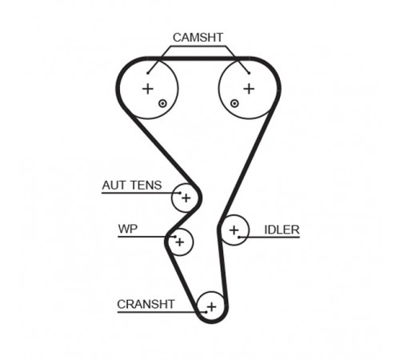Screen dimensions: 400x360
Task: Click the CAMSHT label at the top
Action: tap(198, 38)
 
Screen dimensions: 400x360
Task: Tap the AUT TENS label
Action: tap(132, 185)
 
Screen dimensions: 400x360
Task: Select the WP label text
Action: tap(128, 229)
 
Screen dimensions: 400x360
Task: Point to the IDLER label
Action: tap(282, 230)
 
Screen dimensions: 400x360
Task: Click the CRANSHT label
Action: tap(146, 304)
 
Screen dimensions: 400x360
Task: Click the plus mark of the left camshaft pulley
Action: tap(148, 89)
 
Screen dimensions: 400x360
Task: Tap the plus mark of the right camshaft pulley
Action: tap(249, 89)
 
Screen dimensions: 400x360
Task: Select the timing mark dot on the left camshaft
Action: tap(162, 103)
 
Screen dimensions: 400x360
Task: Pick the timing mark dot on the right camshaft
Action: tap(234, 103)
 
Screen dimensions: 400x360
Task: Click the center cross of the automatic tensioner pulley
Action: tap(186, 198)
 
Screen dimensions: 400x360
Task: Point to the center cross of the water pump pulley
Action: tap(180, 242)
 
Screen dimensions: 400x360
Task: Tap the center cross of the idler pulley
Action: tap(234, 230)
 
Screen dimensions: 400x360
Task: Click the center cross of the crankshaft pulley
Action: tap(211, 307)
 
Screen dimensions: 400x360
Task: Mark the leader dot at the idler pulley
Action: tap(239, 237)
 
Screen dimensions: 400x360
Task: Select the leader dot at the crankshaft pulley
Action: tap(206, 312)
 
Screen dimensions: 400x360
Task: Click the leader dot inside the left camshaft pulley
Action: tap(147, 74)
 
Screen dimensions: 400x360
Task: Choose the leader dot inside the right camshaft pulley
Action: tap(249, 74)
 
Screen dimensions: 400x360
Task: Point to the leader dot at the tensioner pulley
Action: tap(180, 193)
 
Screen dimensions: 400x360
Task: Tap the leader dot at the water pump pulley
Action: tap(174, 237)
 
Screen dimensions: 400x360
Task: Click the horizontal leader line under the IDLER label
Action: tap(270, 237)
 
